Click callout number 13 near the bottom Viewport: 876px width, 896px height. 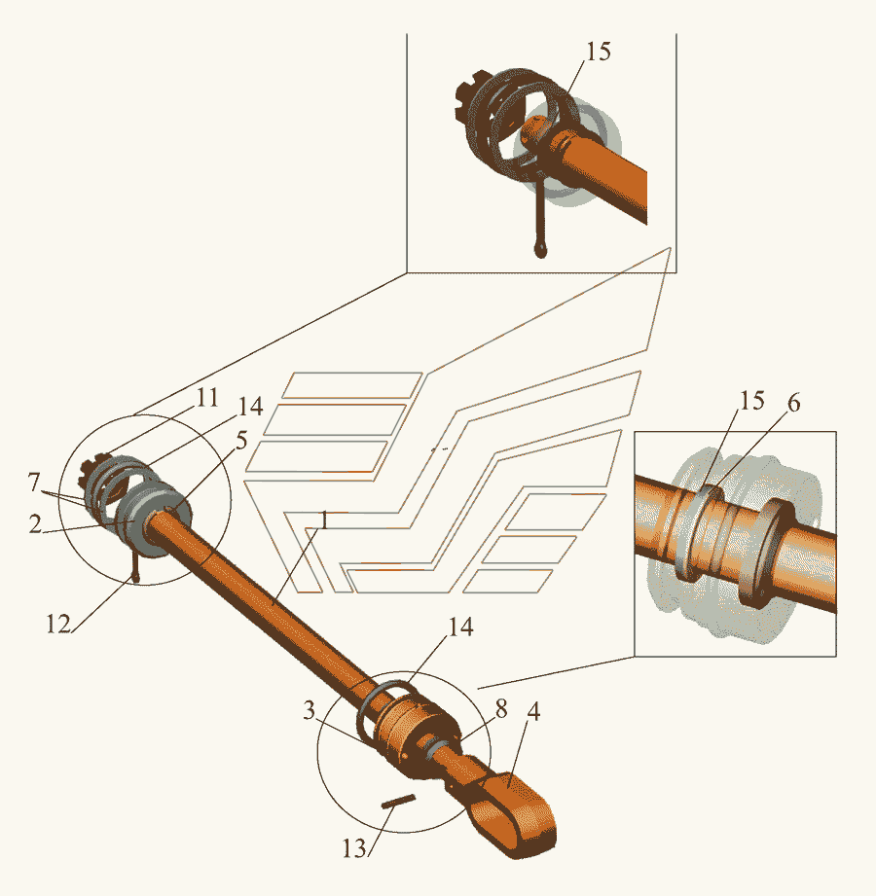(x=354, y=848)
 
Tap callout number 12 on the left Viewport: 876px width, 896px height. (x=58, y=624)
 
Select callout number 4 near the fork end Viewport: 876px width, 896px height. (x=533, y=711)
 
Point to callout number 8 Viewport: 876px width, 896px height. (x=501, y=709)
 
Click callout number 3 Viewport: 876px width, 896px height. (x=309, y=710)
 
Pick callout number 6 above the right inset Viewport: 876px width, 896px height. (x=793, y=403)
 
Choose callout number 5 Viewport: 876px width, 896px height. (x=241, y=441)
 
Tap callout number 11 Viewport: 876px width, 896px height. (x=207, y=397)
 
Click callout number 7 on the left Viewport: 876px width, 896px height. (x=34, y=483)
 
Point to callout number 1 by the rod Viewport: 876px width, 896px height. (x=324, y=520)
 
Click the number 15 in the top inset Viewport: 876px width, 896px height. (x=598, y=52)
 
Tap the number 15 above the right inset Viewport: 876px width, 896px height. (x=752, y=401)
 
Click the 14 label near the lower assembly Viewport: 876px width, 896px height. (x=460, y=627)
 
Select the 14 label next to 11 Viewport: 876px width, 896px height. (x=250, y=407)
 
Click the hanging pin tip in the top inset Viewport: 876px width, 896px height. (x=540, y=249)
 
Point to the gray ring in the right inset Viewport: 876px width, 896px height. (x=695, y=531)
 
